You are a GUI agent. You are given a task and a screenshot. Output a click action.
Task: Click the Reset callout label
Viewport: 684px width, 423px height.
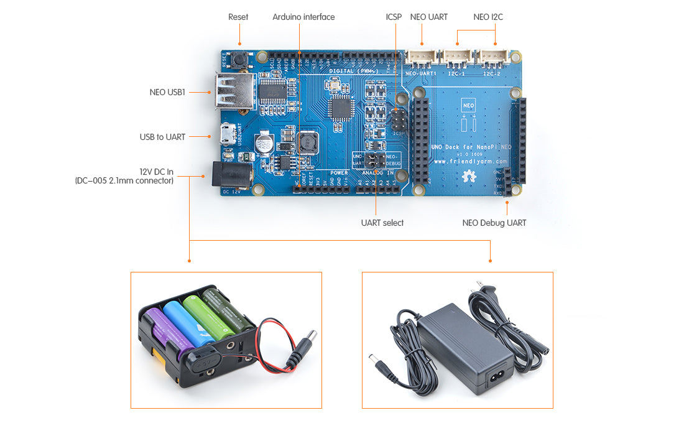point(238,17)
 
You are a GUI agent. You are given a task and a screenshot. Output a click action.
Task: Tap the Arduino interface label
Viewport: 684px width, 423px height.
point(303,17)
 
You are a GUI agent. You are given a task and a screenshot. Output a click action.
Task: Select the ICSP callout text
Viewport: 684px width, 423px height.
point(394,17)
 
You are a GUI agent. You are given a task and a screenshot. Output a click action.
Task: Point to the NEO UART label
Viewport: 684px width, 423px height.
point(428,17)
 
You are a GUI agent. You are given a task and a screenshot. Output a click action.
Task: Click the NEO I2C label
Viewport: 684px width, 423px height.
point(488,17)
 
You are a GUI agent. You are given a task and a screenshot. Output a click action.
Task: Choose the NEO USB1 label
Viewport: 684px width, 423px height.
point(167,92)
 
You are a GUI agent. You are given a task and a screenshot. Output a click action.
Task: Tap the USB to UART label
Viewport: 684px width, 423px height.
point(162,137)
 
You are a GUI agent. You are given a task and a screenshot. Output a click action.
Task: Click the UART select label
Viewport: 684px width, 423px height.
point(382,223)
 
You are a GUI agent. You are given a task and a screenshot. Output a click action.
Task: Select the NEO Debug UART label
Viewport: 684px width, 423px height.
point(494,223)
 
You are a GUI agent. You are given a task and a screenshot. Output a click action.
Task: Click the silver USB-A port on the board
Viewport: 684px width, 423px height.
point(234,92)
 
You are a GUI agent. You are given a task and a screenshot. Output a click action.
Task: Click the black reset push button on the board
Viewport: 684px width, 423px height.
point(239,61)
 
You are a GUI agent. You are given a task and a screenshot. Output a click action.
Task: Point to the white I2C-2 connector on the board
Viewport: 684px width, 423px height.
point(494,58)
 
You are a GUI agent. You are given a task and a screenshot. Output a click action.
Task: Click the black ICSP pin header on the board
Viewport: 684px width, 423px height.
point(399,118)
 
